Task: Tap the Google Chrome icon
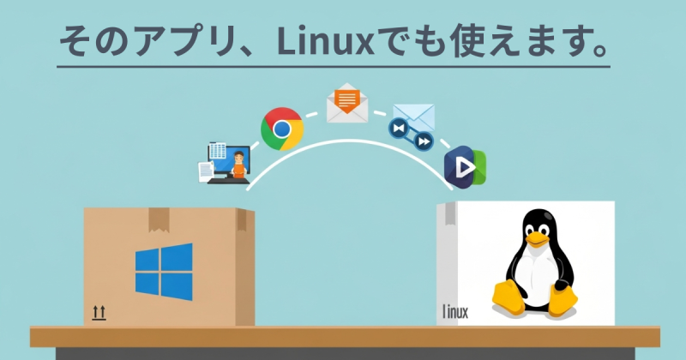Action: (281, 129)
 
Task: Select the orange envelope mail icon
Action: (346, 102)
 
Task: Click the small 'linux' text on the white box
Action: (454, 311)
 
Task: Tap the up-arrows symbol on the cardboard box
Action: (99, 314)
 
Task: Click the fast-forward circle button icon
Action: (424, 141)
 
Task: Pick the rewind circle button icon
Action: (398, 129)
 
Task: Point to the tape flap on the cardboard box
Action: (159, 219)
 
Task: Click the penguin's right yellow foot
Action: (562, 301)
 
